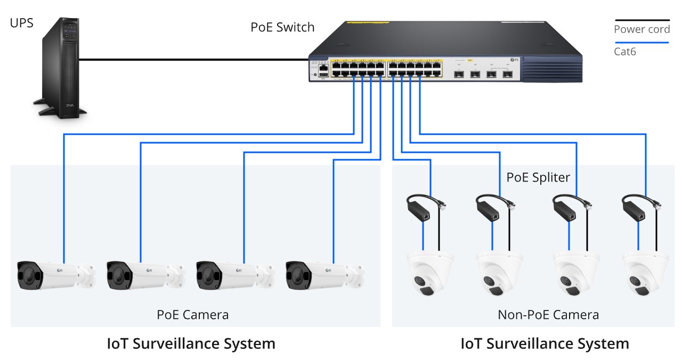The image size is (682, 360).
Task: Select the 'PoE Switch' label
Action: pos(282,27)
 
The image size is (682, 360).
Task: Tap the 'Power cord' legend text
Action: pos(642,29)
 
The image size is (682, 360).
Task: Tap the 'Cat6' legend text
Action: pos(625,52)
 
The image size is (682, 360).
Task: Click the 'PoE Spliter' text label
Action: pos(538,177)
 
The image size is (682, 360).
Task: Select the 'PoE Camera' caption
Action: pos(192,315)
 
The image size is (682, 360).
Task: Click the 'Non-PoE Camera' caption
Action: pos(548,315)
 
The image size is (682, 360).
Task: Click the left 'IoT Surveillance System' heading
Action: pos(191,343)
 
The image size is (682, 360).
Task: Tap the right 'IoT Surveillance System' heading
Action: pos(545,343)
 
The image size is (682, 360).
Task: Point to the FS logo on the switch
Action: pos(514,60)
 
